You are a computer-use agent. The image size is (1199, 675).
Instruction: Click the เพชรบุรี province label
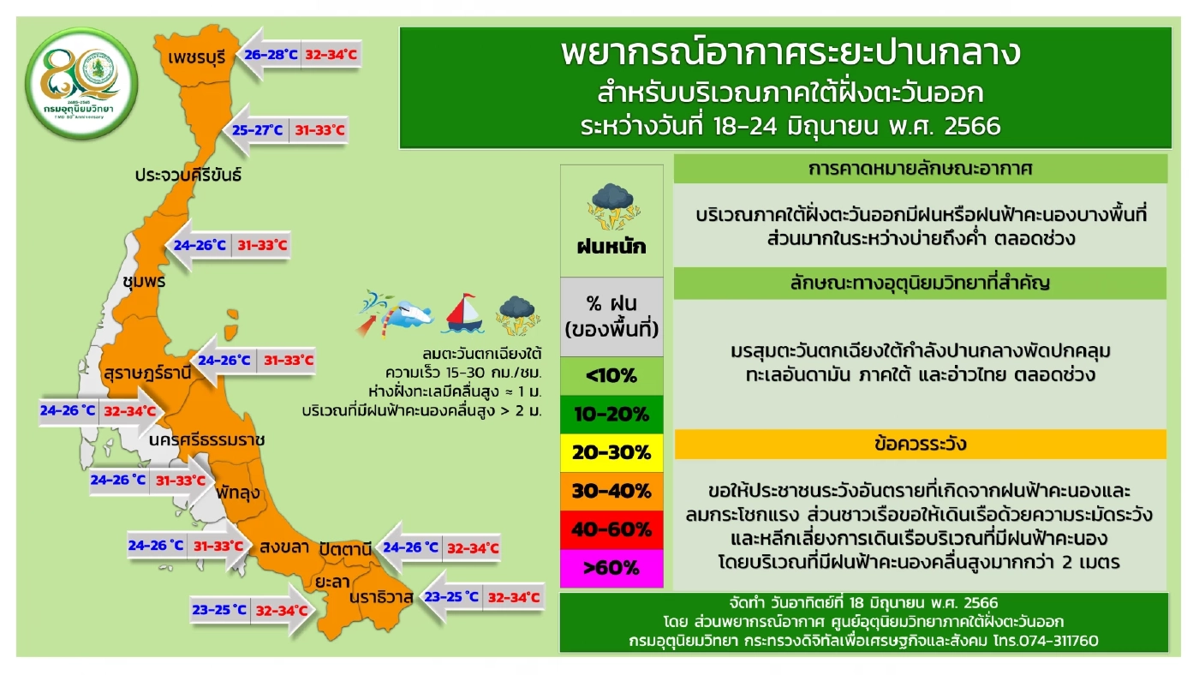197,58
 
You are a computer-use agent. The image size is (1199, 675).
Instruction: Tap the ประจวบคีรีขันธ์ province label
188,175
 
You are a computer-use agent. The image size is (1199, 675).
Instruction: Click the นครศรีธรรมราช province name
206,439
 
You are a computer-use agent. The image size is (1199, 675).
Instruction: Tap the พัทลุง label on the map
239,494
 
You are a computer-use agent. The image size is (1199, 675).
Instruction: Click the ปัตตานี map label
346,547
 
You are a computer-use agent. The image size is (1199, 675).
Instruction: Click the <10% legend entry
611,375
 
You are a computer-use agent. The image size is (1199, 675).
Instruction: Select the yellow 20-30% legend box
611,452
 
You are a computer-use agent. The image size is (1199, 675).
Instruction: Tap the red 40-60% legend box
611,529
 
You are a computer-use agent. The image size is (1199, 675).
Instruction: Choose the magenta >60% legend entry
611,567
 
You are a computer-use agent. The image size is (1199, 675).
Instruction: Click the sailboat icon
463,314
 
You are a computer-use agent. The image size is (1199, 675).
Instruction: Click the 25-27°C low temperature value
258,130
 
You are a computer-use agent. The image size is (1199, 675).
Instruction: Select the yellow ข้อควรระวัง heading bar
921,444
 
